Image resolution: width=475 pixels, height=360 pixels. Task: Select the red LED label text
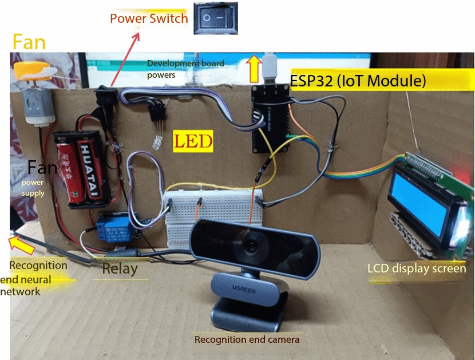point(193,140)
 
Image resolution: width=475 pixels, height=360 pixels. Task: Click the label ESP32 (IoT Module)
point(358,81)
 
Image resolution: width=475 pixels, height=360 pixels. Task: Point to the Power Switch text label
point(149,18)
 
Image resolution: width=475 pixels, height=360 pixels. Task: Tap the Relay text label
point(120,268)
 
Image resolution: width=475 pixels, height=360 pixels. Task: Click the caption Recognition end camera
point(247,339)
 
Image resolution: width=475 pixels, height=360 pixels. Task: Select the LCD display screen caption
point(417,268)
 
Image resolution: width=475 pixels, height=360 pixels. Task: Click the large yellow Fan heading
point(29,42)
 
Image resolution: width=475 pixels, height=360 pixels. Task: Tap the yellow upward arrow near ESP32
point(252,68)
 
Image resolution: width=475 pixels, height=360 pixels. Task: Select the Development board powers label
point(185,68)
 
